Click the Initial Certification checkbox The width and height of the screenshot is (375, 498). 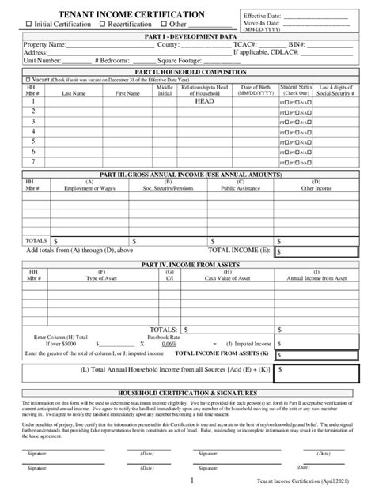28,25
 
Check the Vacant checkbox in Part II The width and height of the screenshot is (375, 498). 28,80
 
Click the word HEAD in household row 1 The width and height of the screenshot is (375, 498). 204,102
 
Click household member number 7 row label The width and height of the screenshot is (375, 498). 33,161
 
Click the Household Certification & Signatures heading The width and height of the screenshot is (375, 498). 187,392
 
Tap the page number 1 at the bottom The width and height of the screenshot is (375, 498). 191,480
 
